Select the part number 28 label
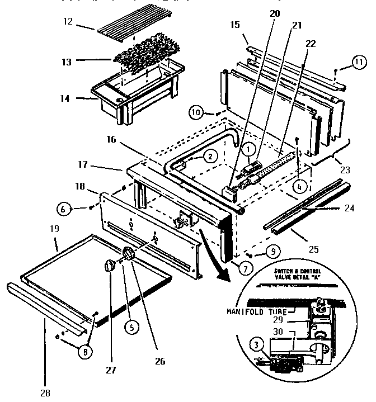click(45, 392)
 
